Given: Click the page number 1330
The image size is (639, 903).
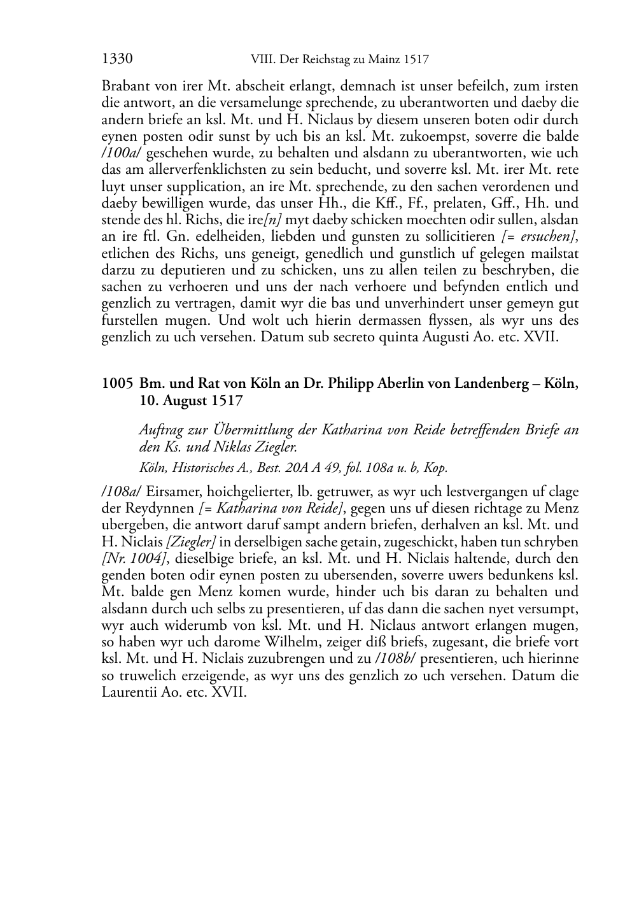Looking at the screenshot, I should pyautogui.click(x=116, y=60).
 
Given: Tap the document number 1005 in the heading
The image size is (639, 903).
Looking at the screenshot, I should pyautogui.click(x=117, y=384).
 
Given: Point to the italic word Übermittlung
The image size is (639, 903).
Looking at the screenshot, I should pyautogui.click(x=250, y=430).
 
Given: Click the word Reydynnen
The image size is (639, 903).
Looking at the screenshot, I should pyautogui.click(x=162, y=508).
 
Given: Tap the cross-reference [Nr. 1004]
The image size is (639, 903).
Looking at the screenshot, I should pyautogui.click(x=124, y=558).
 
